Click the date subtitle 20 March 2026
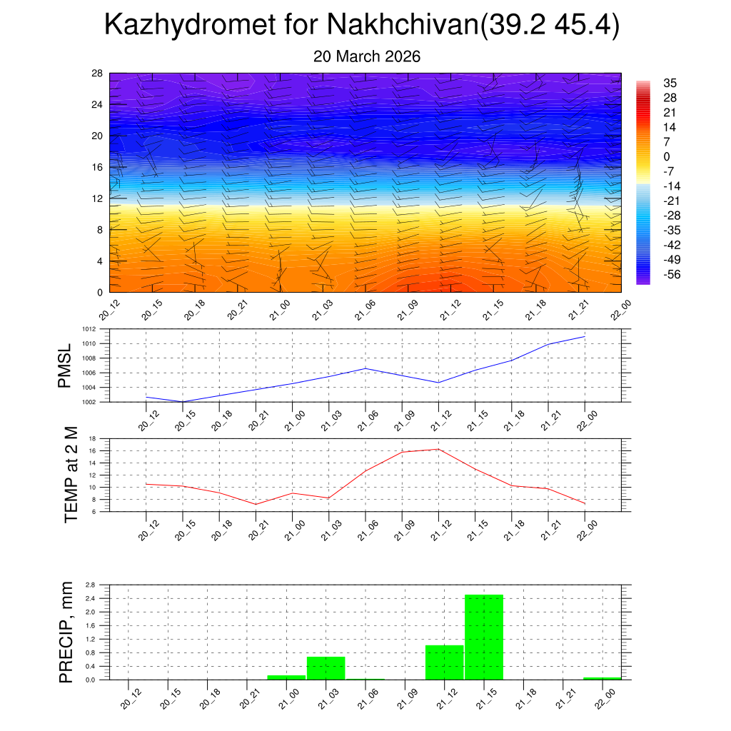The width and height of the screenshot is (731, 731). click(366, 56)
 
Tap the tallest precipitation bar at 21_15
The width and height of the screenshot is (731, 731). click(484, 637)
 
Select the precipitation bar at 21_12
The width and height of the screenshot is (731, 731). click(444, 662)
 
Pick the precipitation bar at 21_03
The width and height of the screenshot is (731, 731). click(326, 667)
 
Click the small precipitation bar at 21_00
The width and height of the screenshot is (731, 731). click(286, 677)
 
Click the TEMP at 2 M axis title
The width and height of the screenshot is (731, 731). click(71, 475)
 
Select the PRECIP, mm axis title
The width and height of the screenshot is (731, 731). click(66, 632)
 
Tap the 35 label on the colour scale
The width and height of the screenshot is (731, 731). click(670, 83)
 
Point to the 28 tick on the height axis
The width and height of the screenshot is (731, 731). click(97, 74)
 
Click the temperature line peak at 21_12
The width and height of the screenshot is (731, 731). click(438, 449)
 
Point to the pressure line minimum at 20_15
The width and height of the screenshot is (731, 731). click(183, 401)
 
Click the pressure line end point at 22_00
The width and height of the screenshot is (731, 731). click(585, 336)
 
